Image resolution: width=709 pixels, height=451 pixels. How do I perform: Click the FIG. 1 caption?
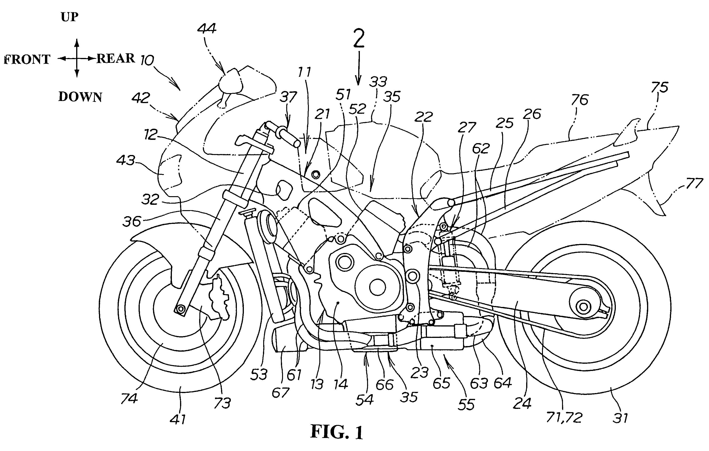point(337,432)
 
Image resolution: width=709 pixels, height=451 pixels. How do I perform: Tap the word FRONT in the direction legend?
point(27,59)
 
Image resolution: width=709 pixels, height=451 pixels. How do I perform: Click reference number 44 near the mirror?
point(206,29)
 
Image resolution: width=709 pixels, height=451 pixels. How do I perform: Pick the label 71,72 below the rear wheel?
point(564,417)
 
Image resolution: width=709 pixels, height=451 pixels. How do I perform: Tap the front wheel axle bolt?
point(180,309)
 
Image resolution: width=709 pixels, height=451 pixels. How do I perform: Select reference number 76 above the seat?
point(579,100)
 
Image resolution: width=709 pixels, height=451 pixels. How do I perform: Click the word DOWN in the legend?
point(80,97)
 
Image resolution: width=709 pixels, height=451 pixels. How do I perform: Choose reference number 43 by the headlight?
point(126,161)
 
